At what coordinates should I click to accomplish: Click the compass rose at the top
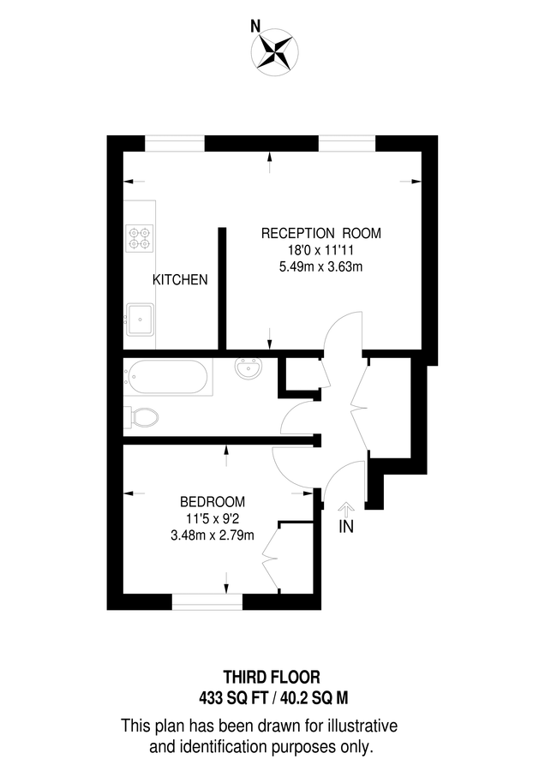tap(276, 50)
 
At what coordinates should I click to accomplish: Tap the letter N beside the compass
tap(255, 27)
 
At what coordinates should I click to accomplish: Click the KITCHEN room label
tap(180, 280)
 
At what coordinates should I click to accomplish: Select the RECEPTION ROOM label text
tap(320, 233)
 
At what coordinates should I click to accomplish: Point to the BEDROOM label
tap(213, 502)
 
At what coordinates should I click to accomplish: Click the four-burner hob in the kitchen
tap(140, 237)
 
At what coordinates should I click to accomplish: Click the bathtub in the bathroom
tap(168, 379)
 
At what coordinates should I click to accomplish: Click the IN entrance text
tap(346, 526)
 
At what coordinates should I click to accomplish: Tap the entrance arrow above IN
tap(346, 509)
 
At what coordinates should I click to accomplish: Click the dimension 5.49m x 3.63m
tap(320, 266)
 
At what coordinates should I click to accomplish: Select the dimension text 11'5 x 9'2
tap(213, 519)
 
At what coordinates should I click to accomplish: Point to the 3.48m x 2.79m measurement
tap(213, 536)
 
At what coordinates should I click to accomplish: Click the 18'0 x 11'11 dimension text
tap(320, 250)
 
